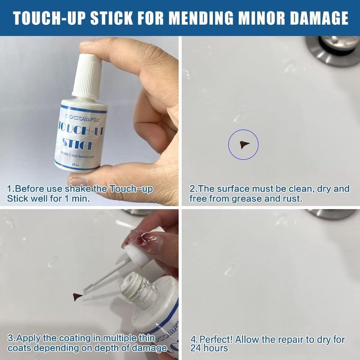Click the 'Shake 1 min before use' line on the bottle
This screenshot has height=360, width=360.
pos(77,155)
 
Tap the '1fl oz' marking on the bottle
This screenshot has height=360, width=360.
pos(75,165)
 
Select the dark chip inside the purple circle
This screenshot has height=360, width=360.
pos(244,144)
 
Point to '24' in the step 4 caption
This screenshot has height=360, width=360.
pos(196,348)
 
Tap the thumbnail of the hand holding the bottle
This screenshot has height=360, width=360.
pos(88,43)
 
